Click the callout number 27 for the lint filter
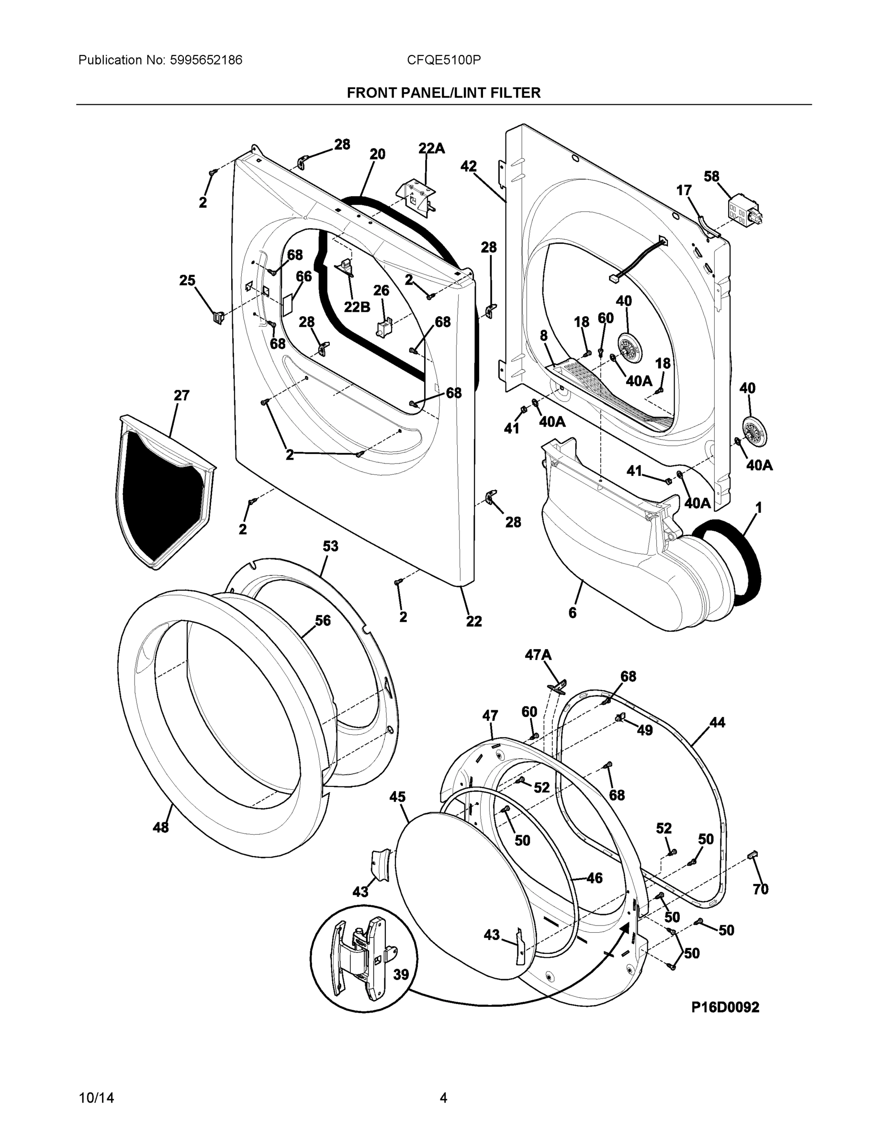181,395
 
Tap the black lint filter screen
158,499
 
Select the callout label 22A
431,149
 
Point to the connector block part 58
743,213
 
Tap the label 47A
538,655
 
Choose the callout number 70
761,889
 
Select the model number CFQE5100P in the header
443,60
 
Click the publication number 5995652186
206,60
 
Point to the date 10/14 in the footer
96,1098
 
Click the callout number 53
330,547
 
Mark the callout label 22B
357,307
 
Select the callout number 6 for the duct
573,612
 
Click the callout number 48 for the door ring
161,828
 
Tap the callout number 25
187,281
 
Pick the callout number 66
303,276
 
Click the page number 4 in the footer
443,1098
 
